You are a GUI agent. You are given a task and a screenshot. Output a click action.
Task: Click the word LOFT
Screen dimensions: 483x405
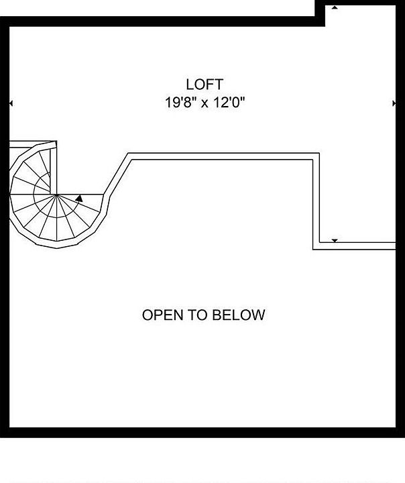point(205,85)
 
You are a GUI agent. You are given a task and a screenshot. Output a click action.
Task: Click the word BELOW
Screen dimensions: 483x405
point(239,315)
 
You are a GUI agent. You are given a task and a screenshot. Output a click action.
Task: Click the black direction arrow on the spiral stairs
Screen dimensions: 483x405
point(79,198)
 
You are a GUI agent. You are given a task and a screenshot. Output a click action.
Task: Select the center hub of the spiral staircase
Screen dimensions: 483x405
point(57,195)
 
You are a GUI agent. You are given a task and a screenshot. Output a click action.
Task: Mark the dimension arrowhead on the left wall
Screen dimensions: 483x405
point(10,103)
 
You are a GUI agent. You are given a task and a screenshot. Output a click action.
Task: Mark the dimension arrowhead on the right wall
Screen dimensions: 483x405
point(394,103)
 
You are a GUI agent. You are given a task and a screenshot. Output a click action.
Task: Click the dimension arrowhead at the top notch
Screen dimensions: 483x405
point(335,7)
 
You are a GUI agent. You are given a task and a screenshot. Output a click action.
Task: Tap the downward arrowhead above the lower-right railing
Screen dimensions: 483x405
point(335,240)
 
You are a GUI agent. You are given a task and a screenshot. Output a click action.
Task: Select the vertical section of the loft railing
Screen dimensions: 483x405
point(316,201)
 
